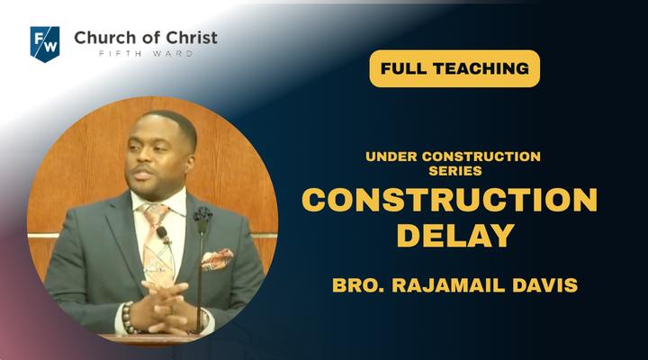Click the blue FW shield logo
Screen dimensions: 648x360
click(x=45, y=44)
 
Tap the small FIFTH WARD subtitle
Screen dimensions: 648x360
click(x=146, y=53)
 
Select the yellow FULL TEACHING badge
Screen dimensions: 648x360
click(x=454, y=68)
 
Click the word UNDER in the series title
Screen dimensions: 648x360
click(x=391, y=157)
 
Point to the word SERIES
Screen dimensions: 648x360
click(x=455, y=171)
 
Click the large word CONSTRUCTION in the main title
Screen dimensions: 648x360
click(x=450, y=200)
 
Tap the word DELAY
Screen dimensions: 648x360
click(x=455, y=236)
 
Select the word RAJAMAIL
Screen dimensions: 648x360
click(x=449, y=285)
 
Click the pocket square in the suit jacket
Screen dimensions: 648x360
click(x=217, y=259)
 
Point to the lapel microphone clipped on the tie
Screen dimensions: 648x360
click(x=162, y=234)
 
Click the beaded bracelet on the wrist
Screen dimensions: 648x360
click(x=128, y=318)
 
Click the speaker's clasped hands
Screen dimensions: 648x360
click(x=166, y=306)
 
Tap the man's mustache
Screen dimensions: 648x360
click(x=141, y=168)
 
